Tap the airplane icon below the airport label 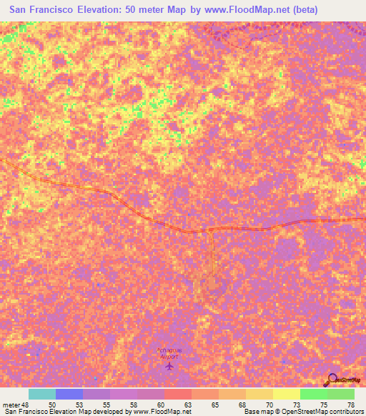tap(169, 366)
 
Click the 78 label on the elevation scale tap(350, 404)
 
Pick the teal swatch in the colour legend tap(41, 394)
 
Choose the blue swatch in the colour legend tap(69, 394)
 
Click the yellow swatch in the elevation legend tap(286, 394)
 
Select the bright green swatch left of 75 tap(313, 394)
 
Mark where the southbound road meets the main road tap(212, 230)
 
